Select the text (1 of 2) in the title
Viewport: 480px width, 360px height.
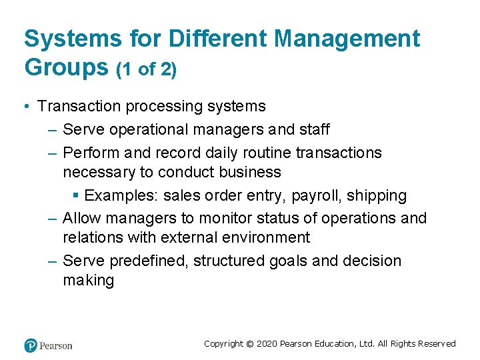(x=147, y=69)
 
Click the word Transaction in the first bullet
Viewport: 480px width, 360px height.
(x=79, y=106)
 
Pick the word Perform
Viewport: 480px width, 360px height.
(x=91, y=153)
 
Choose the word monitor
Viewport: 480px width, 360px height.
(x=207, y=218)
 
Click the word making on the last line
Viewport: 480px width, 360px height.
(x=89, y=280)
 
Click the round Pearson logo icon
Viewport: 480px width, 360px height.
(x=31, y=345)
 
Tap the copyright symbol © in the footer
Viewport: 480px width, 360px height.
(x=249, y=344)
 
